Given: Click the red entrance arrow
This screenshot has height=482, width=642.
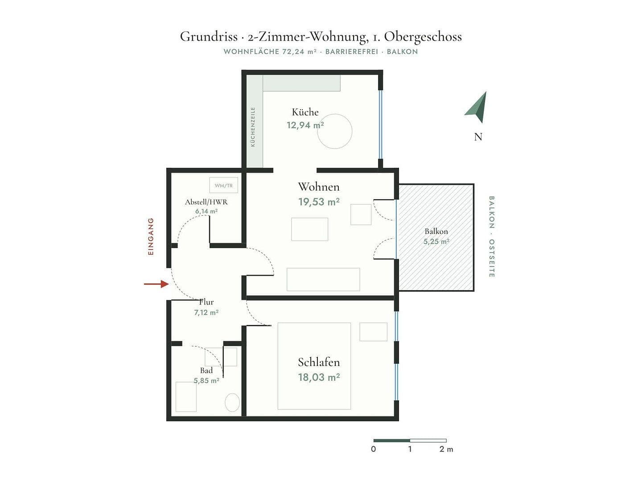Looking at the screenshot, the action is point(156,284).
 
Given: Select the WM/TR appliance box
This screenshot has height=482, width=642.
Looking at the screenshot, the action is point(223,185).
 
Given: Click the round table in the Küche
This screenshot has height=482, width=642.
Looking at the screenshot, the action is point(335,131).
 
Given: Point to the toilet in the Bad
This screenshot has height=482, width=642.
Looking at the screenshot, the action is point(232,403).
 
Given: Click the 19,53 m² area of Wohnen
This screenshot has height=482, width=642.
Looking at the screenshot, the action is point(319,202).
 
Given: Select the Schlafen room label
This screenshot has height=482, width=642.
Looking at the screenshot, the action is point(319,362).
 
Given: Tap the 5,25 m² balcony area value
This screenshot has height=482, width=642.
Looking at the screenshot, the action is point(436,242).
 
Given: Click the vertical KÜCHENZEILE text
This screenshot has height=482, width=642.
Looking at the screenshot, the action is point(253,127).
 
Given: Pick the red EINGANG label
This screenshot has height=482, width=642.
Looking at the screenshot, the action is point(151,237).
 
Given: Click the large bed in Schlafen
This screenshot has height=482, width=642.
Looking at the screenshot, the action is point(314,366).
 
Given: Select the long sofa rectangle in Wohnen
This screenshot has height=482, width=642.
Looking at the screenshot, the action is point(323,279).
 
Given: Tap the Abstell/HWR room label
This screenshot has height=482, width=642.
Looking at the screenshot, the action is point(206,202).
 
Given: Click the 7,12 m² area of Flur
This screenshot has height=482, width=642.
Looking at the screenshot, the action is point(206,312).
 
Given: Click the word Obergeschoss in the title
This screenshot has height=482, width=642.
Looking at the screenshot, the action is point(423,37).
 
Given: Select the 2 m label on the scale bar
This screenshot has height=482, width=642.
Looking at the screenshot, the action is point(446,449).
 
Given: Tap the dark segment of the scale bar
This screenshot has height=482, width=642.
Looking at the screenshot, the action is point(391,440).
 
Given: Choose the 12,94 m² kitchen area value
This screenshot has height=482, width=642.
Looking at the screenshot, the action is point(305,125).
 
